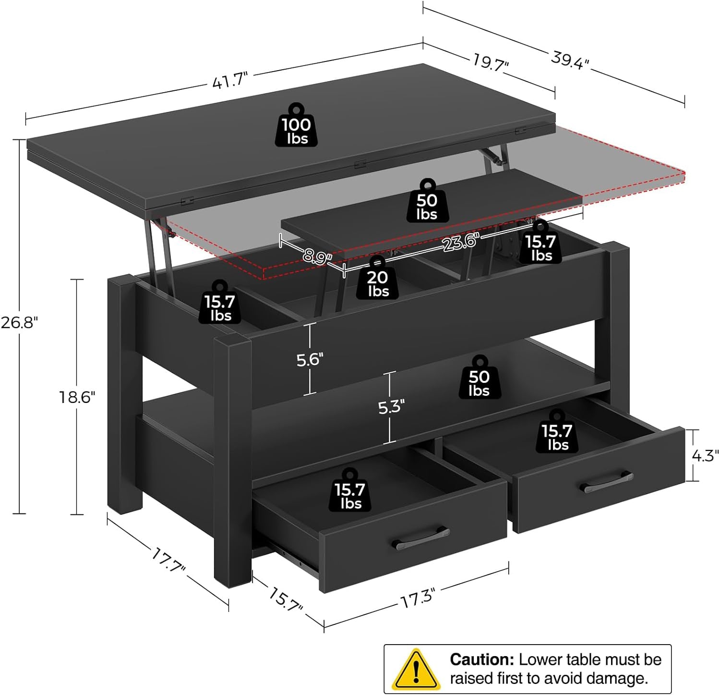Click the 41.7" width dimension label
point(230,80)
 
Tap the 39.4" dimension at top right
point(570,60)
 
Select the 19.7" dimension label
point(491,62)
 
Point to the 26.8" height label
point(19,322)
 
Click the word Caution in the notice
point(481,659)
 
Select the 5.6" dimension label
point(310,359)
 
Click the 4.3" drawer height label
point(705,455)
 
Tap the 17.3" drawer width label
point(418,599)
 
